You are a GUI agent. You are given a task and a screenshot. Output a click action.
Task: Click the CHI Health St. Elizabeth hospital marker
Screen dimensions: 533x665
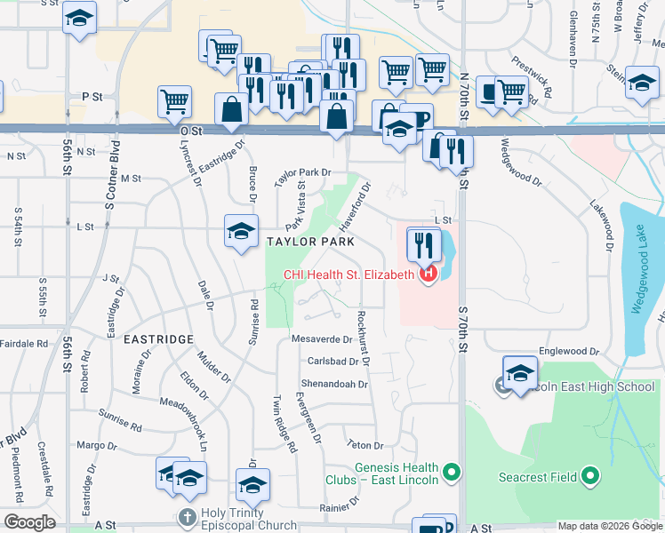428,274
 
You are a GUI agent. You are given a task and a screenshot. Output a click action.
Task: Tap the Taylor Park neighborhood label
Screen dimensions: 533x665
308,242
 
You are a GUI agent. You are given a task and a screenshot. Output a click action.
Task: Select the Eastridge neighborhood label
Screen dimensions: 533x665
158,339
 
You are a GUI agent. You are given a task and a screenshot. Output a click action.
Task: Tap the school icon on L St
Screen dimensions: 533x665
241,231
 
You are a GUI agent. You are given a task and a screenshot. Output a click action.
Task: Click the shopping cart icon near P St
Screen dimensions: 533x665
174,100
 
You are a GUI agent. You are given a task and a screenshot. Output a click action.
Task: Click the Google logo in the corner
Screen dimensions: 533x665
29,522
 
